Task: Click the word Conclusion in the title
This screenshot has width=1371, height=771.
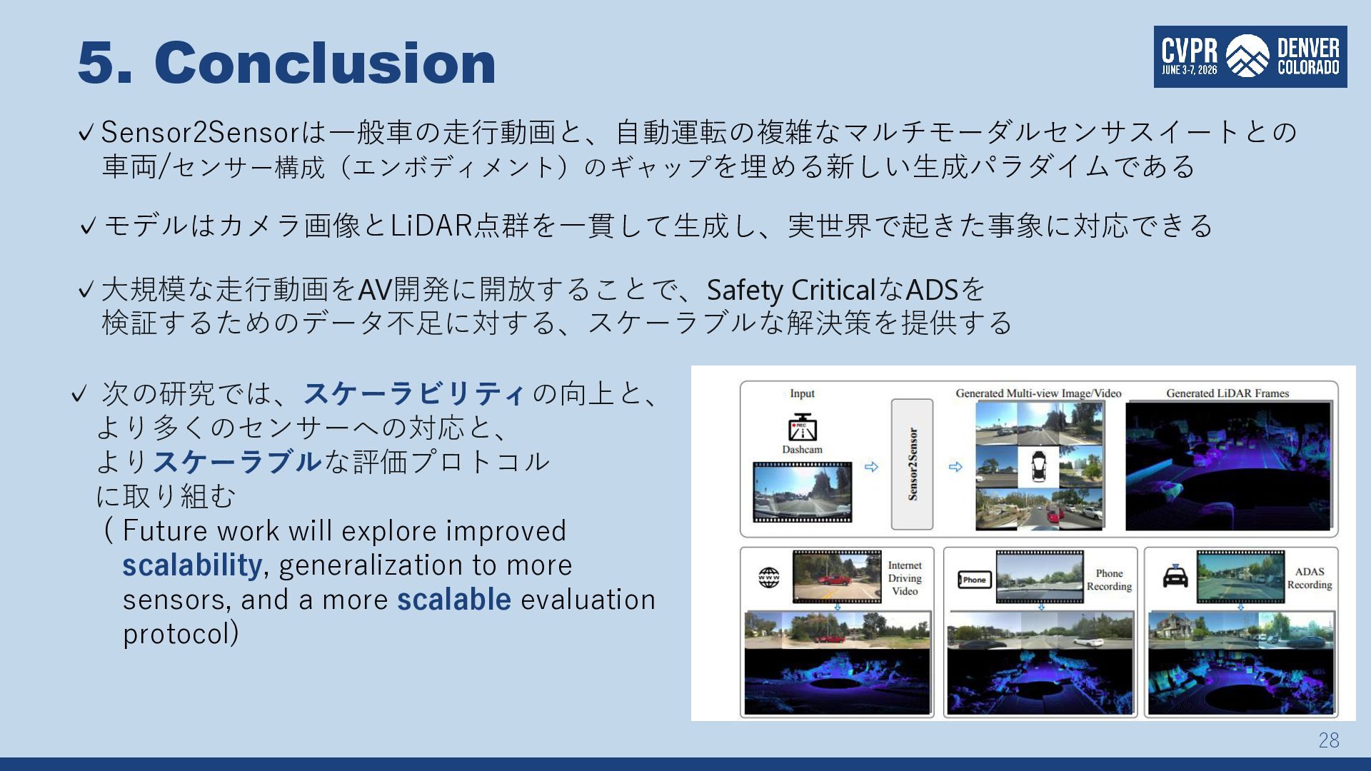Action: click(x=325, y=62)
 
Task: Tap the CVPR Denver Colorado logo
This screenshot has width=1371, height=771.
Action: click(x=1250, y=57)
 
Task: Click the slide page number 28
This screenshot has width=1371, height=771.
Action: click(x=1329, y=740)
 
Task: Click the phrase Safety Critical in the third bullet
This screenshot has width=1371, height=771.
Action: click(x=791, y=290)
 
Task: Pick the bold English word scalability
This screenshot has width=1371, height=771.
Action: click(x=192, y=565)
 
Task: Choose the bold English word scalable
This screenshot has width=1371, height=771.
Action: click(x=454, y=600)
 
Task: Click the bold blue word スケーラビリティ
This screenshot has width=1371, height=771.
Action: click(x=414, y=393)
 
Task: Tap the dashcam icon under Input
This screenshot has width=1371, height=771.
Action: click(x=802, y=428)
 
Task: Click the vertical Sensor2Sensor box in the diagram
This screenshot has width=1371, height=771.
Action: click(x=912, y=464)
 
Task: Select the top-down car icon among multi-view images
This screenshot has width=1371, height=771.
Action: click(x=1039, y=466)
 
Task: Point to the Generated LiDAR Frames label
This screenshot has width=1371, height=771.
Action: click(x=1227, y=393)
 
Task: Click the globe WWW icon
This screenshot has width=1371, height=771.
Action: click(x=769, y=578)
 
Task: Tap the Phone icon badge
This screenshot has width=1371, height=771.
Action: click(x=975, y=580)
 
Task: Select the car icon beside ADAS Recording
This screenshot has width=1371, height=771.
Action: click(x=1175, y=577)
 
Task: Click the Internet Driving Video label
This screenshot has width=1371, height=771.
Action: click(x=905, y=578)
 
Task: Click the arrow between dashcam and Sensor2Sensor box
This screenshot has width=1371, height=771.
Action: click(x=871, y=467)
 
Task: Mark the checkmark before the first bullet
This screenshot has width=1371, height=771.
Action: click(x=86, y=133)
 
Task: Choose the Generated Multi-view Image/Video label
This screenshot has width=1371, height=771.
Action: click(x=1038, y=393)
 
